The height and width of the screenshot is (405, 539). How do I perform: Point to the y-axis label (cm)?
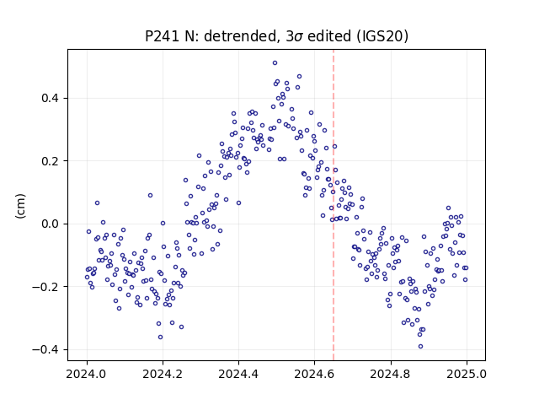coord(20,206)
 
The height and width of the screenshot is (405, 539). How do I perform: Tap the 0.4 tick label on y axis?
coord(50,98)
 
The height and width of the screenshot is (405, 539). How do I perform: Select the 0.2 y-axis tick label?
coord(50,161)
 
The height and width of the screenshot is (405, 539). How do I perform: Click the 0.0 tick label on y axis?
coord(50,224)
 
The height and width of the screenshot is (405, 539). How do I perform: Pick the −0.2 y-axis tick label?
coord(45,287)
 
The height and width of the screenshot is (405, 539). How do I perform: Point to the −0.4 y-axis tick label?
coord(45,349)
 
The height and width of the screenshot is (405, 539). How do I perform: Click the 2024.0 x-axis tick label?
coord(87,374)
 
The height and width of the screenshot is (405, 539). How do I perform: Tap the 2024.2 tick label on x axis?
coord(163,374)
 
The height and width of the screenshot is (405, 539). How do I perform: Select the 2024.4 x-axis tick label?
coord(238,374)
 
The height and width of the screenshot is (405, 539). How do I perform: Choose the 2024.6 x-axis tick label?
coord(314,374)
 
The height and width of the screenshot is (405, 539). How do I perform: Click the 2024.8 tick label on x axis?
coord(391,374)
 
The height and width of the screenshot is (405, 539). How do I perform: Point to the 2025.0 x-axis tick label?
coord(467,374)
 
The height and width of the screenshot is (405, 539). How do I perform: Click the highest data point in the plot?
coord(275,63)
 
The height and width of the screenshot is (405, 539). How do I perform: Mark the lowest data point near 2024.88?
coord(420,347)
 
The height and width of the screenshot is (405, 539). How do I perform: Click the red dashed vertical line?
coord(334,205)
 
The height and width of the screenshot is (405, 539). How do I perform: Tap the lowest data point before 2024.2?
coord(161,337)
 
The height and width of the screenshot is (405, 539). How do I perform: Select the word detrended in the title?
coord(240,36)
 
